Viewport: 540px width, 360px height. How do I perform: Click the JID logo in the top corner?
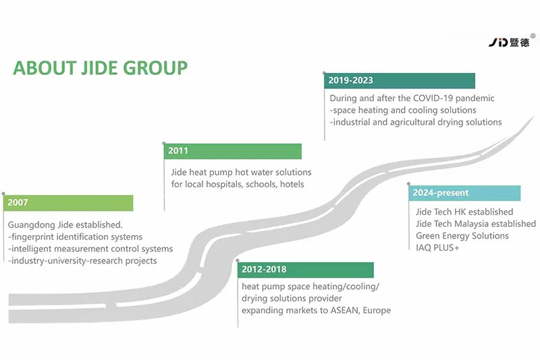click(509, 42)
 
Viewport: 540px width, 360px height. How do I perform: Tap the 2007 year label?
click(18, 202)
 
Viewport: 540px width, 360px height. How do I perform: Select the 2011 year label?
click(178, 151)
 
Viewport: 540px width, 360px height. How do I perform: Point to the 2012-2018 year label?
click(264, 269)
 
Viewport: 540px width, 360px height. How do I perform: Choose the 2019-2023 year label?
click(350, 80)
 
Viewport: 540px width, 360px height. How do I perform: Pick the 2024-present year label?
click(441, 192)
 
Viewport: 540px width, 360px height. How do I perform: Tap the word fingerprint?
click(33, 237)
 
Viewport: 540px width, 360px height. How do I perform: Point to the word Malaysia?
click(471, 224)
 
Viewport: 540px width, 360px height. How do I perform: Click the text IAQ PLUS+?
click(437, 248)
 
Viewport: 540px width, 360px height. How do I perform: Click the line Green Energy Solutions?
click(462, 236)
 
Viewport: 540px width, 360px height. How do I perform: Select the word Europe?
click(377, 311)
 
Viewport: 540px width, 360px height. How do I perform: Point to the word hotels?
click(292, 184)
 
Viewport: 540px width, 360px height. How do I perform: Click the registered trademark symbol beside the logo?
click(533, 36)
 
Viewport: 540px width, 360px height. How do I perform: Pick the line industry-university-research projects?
click(82, 261)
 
